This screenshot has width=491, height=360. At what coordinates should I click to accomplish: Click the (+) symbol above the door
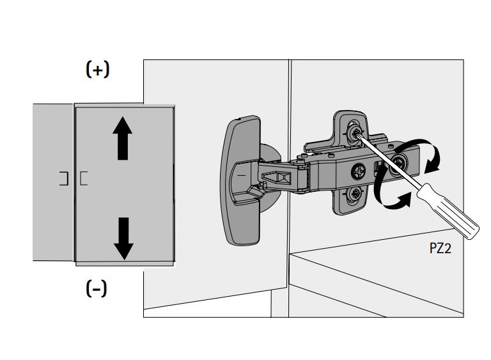click(97, 70)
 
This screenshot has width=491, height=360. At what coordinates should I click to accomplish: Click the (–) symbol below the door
click(97, 289)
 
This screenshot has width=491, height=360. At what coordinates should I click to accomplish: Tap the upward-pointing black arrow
click(123, 141)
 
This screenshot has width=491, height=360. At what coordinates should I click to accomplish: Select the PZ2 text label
click(440, 249)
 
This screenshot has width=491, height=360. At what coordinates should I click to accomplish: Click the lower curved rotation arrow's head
click(403, 203)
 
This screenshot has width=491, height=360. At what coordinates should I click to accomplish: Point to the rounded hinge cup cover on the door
click(242, 180)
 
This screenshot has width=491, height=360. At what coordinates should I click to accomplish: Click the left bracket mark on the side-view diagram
click(63, 178)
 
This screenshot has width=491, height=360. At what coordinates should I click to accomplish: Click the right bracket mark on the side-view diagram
click(84, 178)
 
